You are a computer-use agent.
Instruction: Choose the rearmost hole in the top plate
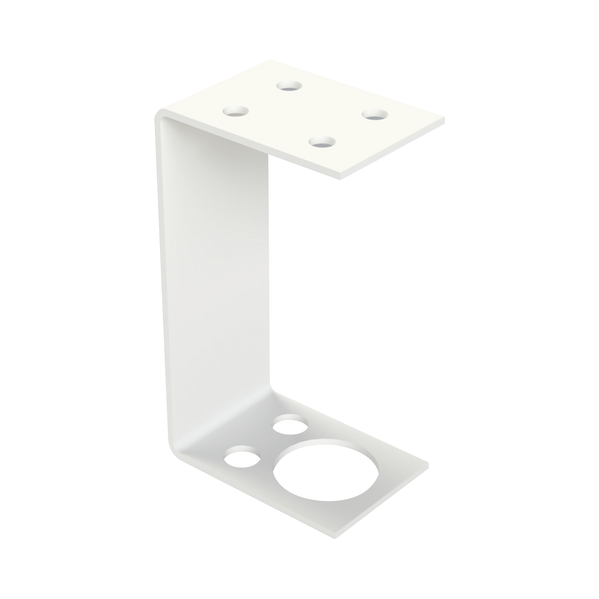coord(290,86)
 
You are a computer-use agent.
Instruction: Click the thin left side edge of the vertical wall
coord(161,279)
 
